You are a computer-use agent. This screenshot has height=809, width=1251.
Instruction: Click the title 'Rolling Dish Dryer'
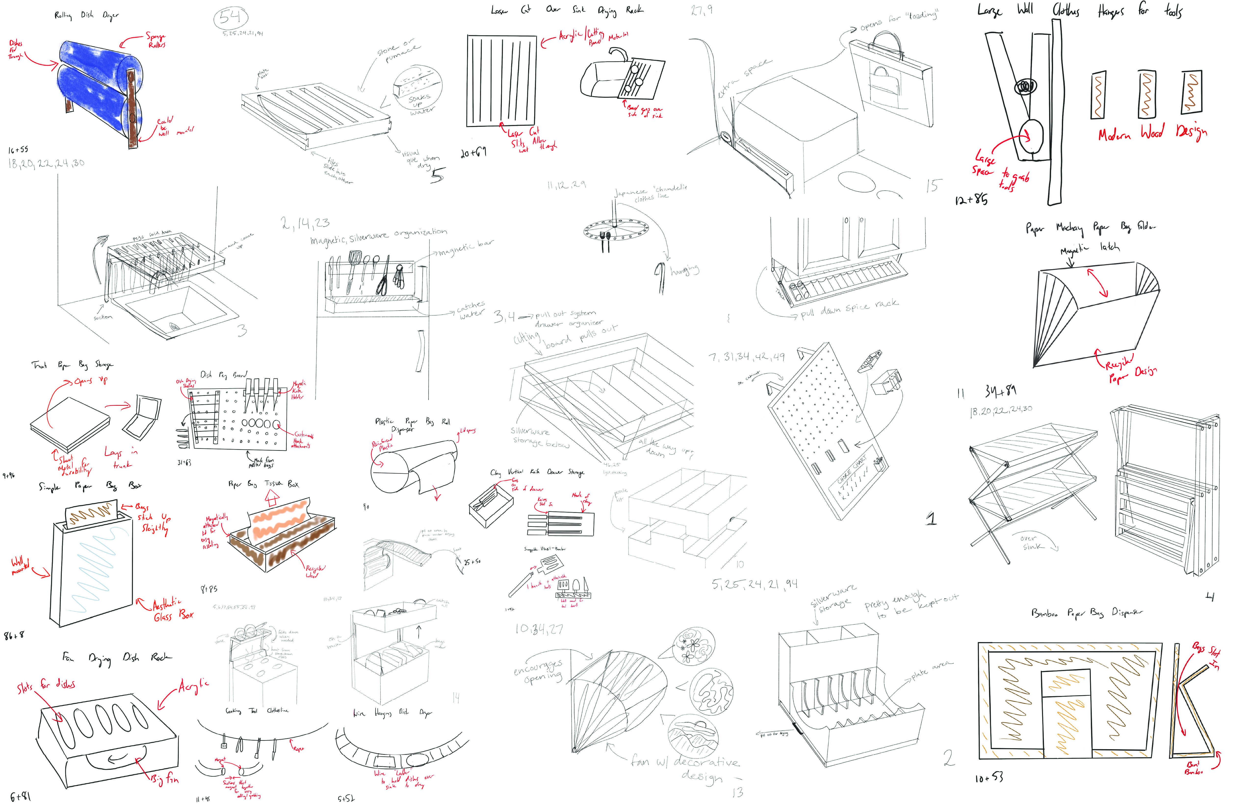click(x=86, y=15)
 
